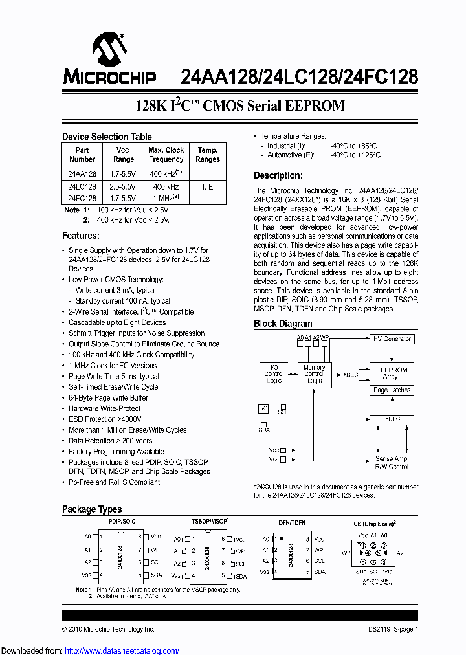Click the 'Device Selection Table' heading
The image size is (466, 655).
click(x=107, y=137)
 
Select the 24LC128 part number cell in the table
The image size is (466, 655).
click(x=82, y=186)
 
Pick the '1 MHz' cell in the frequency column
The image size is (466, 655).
click(x=166, y=198)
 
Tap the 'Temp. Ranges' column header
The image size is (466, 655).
click(x=208, y=154)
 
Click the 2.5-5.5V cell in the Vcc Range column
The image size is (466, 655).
click(x=123, y=186)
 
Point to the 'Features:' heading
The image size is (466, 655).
click(x=80, y=236)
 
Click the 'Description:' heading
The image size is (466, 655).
click(x=278, y=175)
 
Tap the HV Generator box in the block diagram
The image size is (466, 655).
click(x=392, y=339)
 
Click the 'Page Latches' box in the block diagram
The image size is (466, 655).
click(x=392, y=390)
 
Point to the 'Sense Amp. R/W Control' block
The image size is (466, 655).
click(x=392, y=462)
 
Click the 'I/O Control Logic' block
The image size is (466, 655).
click(x=274, y=375)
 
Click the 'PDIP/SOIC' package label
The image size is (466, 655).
click(x=122, y=521)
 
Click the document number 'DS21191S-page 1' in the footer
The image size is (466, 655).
click(x=389, y=629)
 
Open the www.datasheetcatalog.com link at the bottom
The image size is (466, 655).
click(x=126, y=650)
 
